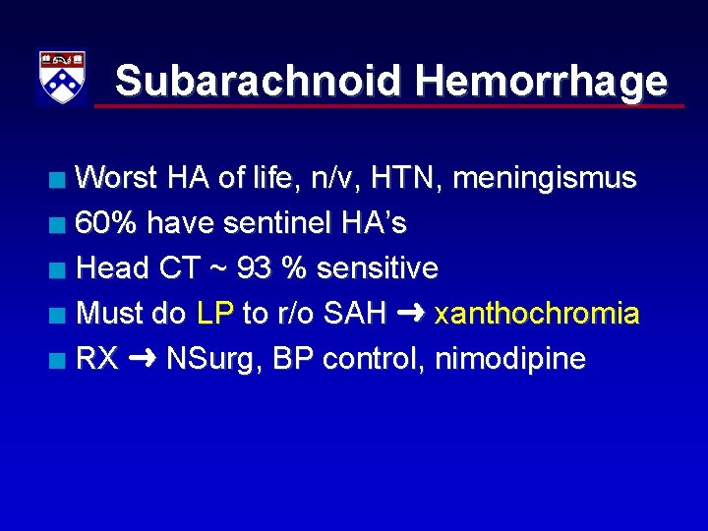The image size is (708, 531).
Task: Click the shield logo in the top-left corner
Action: point(61,78)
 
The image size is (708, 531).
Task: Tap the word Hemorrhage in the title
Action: point(541,82)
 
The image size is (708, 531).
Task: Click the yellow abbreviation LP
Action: point(215,314)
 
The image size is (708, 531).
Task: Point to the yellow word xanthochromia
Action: point(537,314)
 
